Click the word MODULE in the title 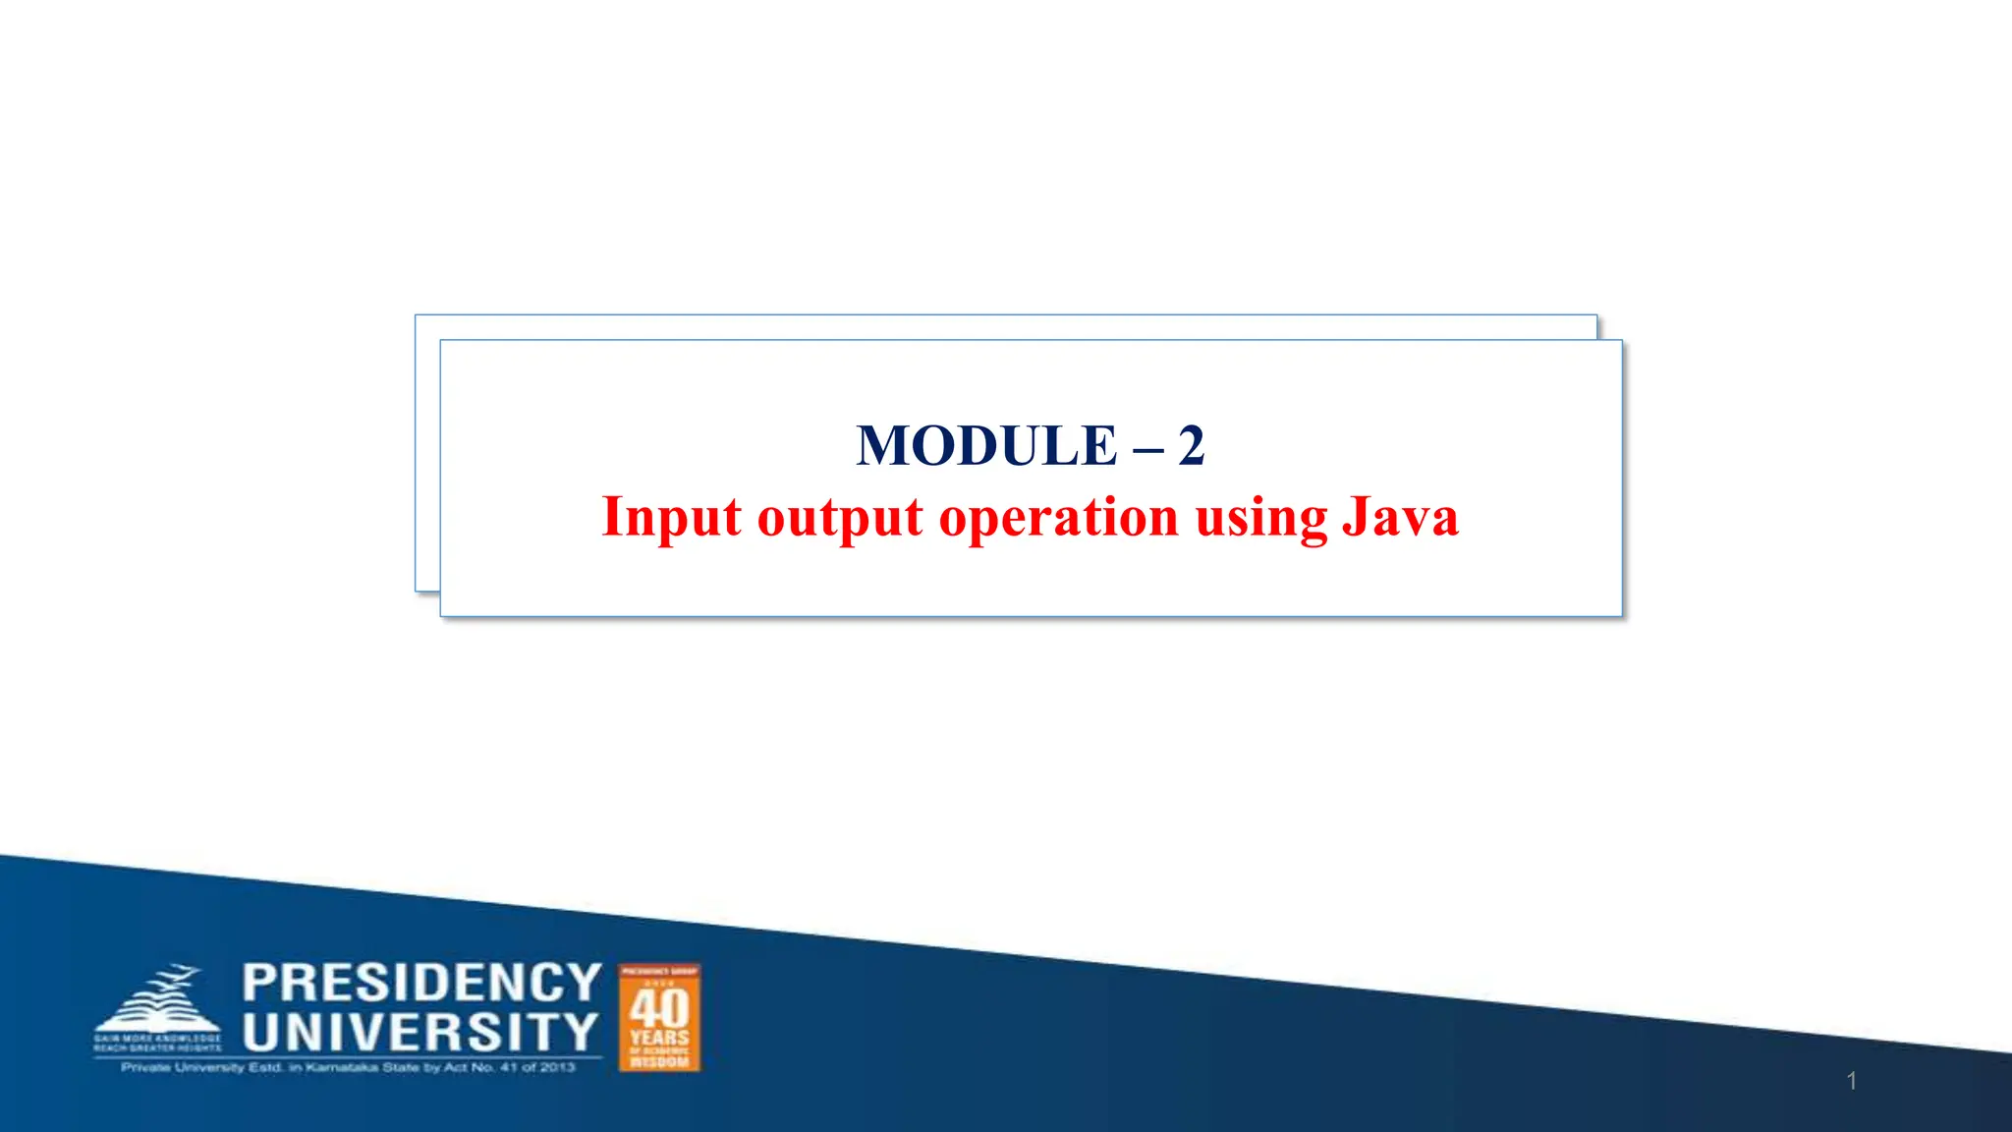pyautogui.click(x=986, y=446)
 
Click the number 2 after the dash pyautogui.click(x=1191, y=446)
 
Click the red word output pyautogui.click(x=840, y=519)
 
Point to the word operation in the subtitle pyautogui.click(x=1058, y=519)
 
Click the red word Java pyautogui.click(x=1400, y=517)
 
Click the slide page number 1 pyautogui.click(x=1851, y=1081)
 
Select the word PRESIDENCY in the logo pyautogui.click(x=421, y=983)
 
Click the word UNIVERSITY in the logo pyautogui.click(x=420, y=1032)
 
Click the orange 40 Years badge pyautogui.click(x=659, y=1018)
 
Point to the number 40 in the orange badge pyautogui.click(x=659, y=1008)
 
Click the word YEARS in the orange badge pyautogui.click(x=659, y=1038)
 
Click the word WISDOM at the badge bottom pyautogui.click(x=659, y=1062)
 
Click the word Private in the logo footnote pyautogui.click(x=145, y=1067)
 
